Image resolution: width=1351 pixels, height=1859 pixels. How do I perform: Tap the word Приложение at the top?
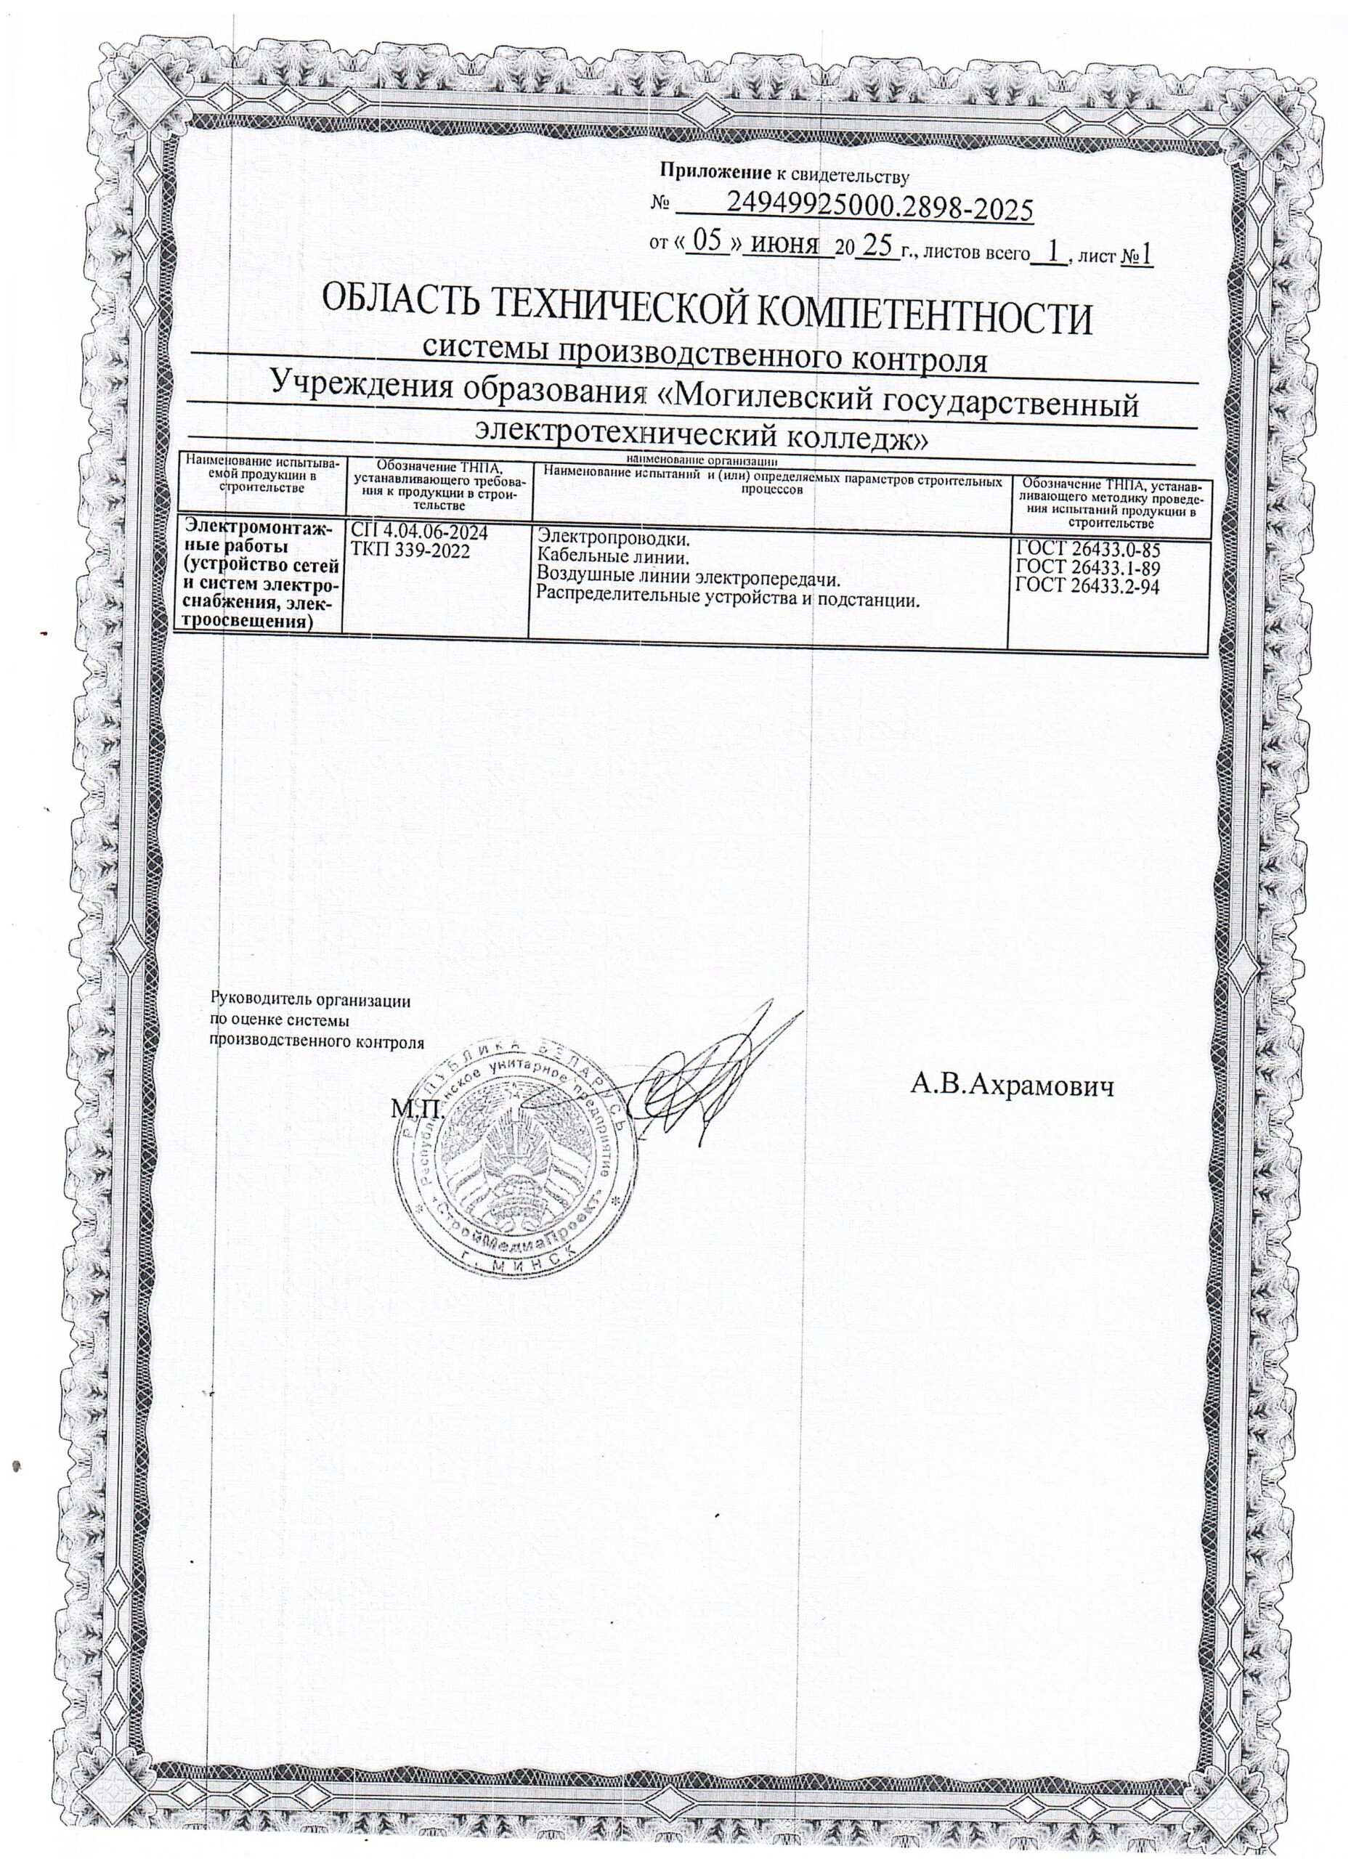tap(706, 172)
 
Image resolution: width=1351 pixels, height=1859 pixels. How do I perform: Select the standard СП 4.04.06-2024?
tap(419, 533)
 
